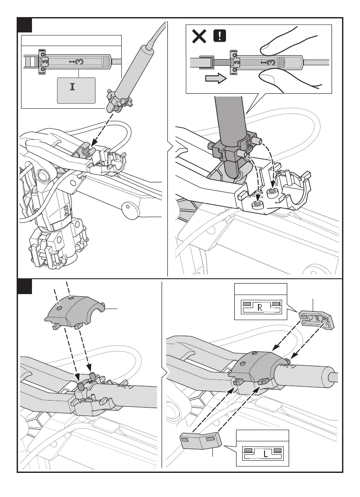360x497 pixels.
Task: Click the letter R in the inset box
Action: pyautogui.click(x=259, y=308)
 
